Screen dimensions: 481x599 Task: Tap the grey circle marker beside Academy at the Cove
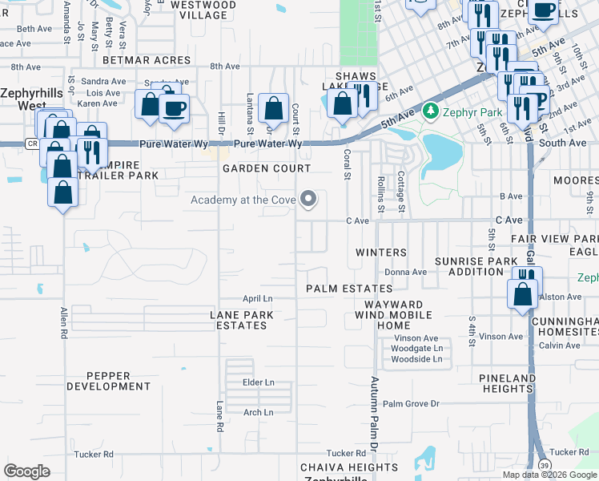[x=308, y=201]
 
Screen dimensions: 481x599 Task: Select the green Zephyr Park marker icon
[x=431, y=110]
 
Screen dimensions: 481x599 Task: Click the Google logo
[x=26, y=471]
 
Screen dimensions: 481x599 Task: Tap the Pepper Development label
[x=108, y=381]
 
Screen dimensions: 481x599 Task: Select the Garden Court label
[x=266, y=168]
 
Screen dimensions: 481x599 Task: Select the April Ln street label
[x=258, y=297]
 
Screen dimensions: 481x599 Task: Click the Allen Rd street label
[x=63, y=325]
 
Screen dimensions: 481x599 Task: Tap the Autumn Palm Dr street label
[x=373, y=413]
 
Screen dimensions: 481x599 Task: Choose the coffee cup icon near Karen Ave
[x=175, y=107]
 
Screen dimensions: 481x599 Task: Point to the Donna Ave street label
[x=405, y=272]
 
